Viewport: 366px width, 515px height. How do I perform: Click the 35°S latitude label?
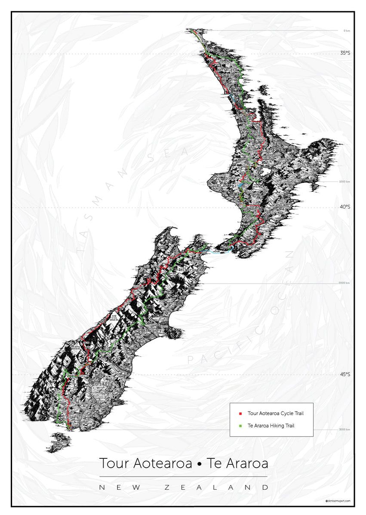(x=344, y=53)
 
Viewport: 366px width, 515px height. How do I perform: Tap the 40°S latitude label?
(x=344, y=207)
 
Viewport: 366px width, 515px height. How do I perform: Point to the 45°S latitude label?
(x=344, y=374)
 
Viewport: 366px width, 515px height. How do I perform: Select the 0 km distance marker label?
(x=346, y=30)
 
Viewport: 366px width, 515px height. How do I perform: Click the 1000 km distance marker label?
(x=344, y=182)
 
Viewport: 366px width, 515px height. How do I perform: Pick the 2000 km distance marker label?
(x=344, y=283)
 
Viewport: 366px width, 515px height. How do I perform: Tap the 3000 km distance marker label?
(x=344, y=429)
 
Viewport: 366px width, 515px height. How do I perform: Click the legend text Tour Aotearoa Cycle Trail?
(x=275, y=414)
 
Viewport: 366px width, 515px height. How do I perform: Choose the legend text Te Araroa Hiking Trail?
(x=271, y=426)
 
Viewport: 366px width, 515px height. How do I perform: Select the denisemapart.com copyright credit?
(x=338, y=500)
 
